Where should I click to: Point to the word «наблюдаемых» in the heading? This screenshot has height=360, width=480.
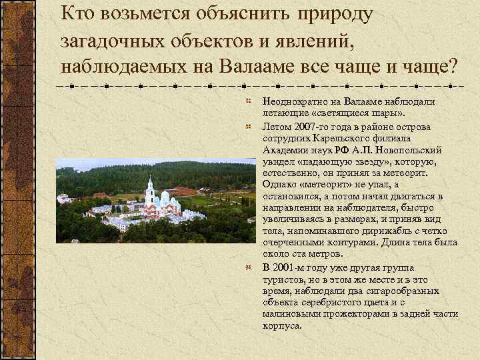coord(129,67)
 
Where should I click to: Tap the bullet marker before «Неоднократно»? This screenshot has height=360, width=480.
coord(247,101)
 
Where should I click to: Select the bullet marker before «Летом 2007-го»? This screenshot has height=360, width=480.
coord(247,126)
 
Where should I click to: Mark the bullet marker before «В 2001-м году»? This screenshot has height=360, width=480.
coord(247,267)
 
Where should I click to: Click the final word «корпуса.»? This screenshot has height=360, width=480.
coord(283,327)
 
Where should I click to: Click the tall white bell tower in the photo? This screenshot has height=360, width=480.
coord(150,191)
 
